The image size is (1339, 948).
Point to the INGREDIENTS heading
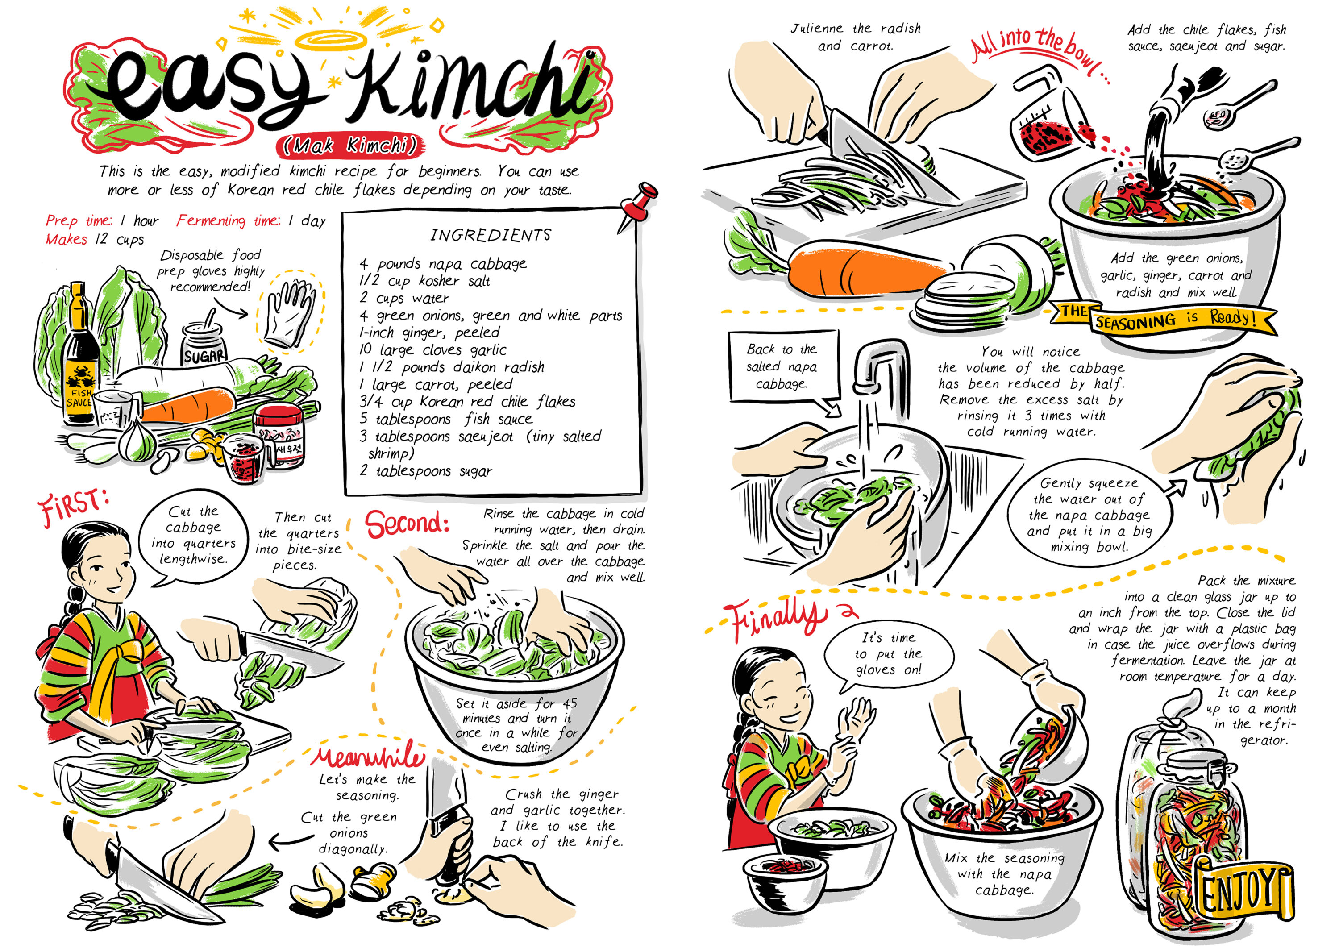click(491, 235)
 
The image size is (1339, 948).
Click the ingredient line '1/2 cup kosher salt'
click(424, 281)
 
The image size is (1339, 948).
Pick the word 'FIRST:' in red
click(73, 503)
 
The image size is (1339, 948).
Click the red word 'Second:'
click(407, 524)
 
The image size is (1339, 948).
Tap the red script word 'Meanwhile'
click(367, 757)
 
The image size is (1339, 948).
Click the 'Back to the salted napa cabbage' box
click(781, 366)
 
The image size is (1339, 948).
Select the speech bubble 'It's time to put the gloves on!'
click(888, 653)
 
